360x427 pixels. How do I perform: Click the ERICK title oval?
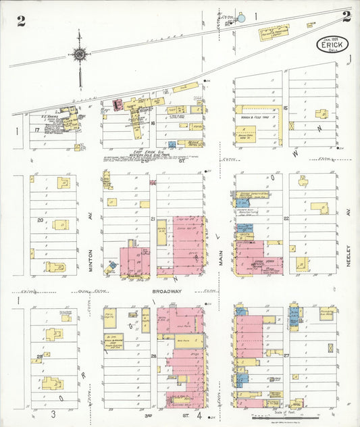tap(334, 46)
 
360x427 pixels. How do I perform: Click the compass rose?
tap(80, 54)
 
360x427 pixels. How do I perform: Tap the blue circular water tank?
tap(241, 19)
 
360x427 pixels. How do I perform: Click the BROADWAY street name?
tap(168, 291)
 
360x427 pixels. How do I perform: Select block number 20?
tap(40, 220)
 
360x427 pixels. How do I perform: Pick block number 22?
tap(286, 218)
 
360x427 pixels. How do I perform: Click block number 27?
tap(286, 355)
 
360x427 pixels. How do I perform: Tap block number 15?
tap(286, 108)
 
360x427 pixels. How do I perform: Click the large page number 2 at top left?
tap(21, 20)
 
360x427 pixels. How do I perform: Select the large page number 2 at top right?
tap(346, 17)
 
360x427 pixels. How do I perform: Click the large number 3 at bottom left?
tap(53, 413)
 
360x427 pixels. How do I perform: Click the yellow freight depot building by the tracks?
tap(274, 32)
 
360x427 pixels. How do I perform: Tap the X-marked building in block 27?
tap(330, 348)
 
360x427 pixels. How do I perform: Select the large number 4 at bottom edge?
tap(199, 413)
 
